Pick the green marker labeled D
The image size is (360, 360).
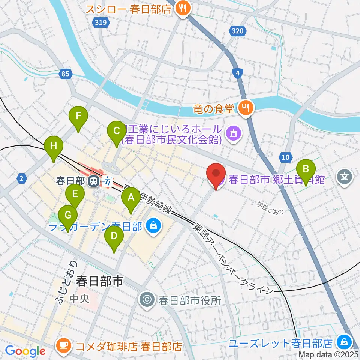coord(114,237)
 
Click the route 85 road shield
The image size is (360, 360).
coord(66,74)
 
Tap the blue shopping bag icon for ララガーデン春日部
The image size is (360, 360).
coord(153,226)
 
